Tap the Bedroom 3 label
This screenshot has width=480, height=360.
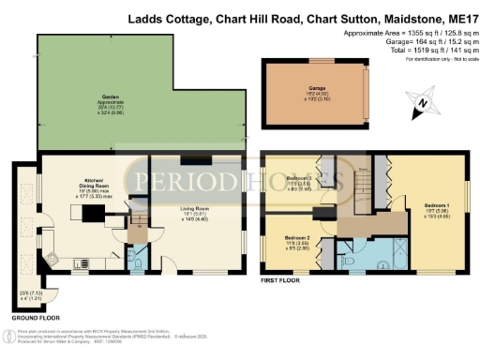(299, 180)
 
